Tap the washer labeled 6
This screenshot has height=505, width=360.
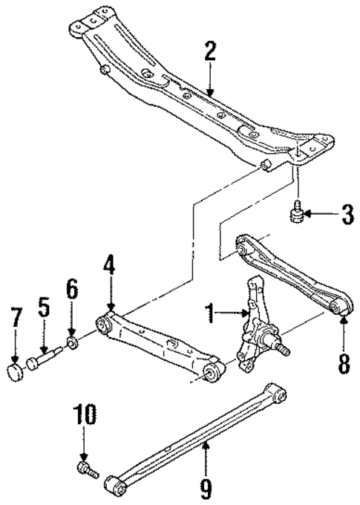pyautogui.click(x=73, y=343)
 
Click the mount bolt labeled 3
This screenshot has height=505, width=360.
pyautogui.click(x=295, y=214)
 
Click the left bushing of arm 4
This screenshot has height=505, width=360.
pyautogui.click(x=103, y=325)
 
